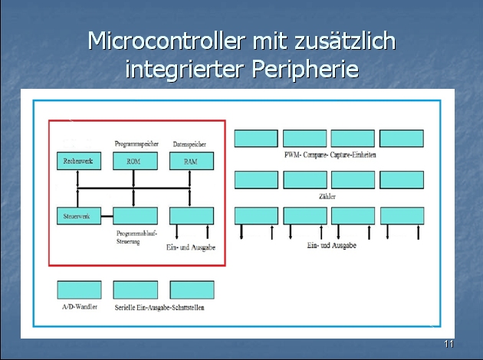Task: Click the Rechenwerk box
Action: click(x=79, y=162)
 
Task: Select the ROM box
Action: click(x=135, y=162)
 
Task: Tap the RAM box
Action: click(x=191, y=162)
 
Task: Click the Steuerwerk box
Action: click(x=79, y=215)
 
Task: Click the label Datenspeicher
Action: click(x=190, y=144)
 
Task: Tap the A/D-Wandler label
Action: click(x=79, y=308)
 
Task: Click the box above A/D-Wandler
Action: click(x=79, y=290)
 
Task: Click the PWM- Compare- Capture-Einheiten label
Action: click(x=330, y=155)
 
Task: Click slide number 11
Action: click(x=449, y=344)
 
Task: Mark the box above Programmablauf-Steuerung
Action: click(x=135, y=215)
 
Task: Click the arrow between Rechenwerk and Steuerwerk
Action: click(x=78, y=188)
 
